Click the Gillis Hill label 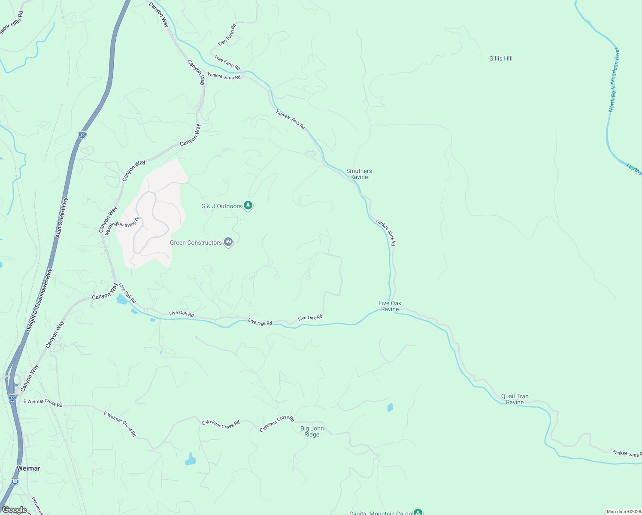coord(501,58)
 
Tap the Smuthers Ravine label coord(359,174)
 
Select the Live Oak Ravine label coord(390,306)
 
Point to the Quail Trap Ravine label coord(515,399)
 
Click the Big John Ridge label coord(312,431)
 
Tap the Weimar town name coord(28,468)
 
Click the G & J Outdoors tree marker coord(248,206)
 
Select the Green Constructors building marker coord(228,242)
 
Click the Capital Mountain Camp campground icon coord(418,512)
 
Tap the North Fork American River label coord(614,80)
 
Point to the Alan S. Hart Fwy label coord(62,218)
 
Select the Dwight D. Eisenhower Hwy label coord(39,300)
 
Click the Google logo coord(14,510)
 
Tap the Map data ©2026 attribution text coord(623,512)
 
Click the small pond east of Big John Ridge coord(390,407)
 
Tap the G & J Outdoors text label coord(221,206)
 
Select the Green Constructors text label coord(196,242)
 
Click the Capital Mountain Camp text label coord(380,513)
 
